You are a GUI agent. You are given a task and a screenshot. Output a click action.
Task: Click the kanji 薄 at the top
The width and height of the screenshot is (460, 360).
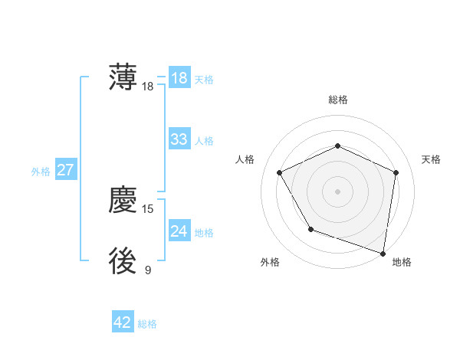(x=123, y=77)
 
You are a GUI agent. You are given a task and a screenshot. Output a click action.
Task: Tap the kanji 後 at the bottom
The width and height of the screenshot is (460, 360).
(x=123, y=261)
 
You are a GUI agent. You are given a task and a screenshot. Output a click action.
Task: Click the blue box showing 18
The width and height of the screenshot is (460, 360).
(x=179, y=78)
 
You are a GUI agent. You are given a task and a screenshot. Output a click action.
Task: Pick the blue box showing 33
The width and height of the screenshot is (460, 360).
(x=179, y=139)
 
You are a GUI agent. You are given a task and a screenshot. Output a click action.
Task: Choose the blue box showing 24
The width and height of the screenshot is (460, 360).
(x=179, y=231)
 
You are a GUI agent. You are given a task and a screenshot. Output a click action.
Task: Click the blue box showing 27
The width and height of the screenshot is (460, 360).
(x=65, y=170)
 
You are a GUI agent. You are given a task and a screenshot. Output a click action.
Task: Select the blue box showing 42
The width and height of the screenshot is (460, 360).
(x=123, y=322)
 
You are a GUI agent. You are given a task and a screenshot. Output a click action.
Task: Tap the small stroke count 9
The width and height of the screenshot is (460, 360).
(x=148, y=270)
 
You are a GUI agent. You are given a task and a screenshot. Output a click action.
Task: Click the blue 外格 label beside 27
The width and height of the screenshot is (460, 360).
(x=41, y=172)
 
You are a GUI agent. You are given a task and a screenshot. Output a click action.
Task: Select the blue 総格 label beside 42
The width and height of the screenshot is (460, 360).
(x=147, y=324)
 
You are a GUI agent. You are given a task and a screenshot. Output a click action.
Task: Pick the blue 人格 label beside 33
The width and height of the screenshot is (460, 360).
(x=204, y=141)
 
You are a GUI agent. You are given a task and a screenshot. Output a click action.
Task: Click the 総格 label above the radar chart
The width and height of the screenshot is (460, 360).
(x=337, y=100)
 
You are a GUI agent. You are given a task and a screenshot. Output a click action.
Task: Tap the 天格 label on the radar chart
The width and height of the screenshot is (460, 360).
(x=431, y=159)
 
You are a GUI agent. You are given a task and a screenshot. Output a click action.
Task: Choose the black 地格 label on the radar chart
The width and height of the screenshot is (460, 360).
(x=402, y=263)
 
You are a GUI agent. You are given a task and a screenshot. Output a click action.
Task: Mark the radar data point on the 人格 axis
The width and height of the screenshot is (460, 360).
(x=280, y=172)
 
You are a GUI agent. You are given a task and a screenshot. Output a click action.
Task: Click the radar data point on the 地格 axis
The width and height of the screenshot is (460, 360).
(x=383, y=253)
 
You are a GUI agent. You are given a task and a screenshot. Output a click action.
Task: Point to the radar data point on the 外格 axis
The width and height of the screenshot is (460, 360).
(x=310, y=229)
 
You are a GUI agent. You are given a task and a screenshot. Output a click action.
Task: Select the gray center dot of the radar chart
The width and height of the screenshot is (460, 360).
(x=337, y=191)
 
